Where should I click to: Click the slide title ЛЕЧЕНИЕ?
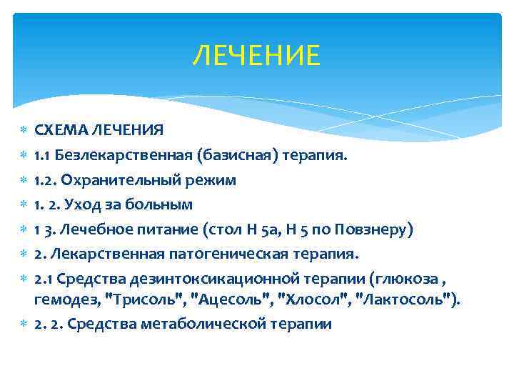pos(256,55)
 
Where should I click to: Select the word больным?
pos(158,204)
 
